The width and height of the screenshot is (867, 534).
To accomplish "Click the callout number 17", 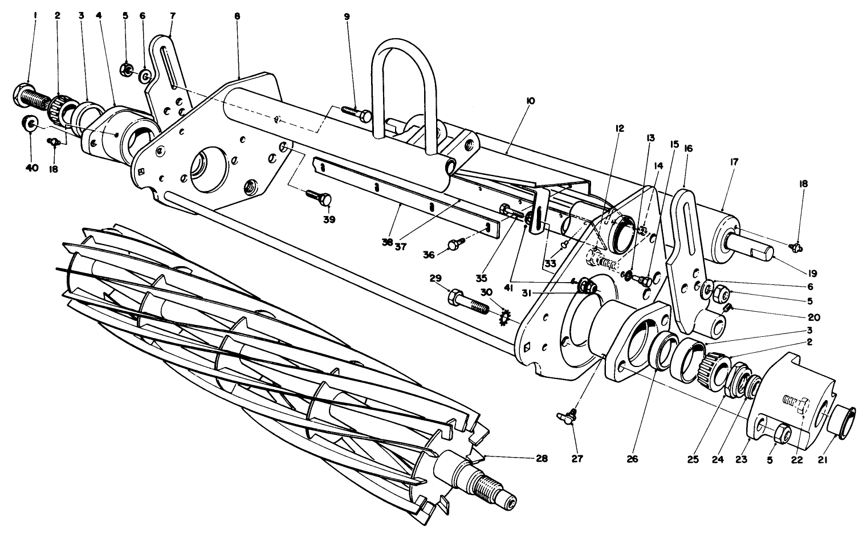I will click(733, 162).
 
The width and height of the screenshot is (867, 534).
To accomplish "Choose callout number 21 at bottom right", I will click(838, 459).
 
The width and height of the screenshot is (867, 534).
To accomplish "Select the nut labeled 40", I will click(30, 123).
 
